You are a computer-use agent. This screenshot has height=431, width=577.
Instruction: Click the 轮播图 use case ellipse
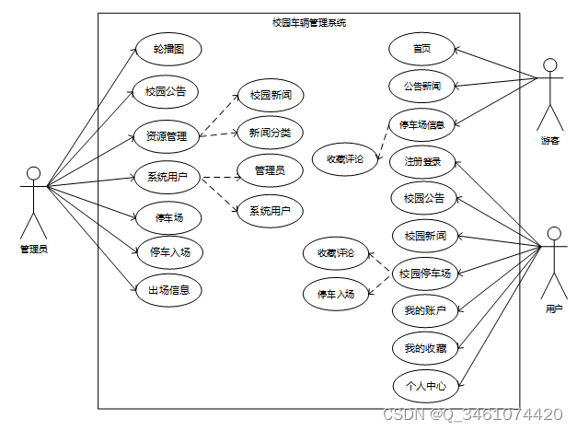coord(166,49)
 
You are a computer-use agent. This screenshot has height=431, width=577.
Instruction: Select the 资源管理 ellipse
coord(166,136)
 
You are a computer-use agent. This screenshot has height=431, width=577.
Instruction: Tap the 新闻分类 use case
coord(270,133)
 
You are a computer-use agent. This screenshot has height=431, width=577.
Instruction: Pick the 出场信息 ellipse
coord(168,289)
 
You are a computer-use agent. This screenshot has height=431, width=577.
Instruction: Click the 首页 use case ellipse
coord(421,49)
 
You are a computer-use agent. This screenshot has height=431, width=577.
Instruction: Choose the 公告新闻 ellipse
coord(421,87)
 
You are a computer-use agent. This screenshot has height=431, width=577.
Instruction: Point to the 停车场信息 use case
coord(422,124)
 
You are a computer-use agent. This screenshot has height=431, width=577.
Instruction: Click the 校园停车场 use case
coord(424,274)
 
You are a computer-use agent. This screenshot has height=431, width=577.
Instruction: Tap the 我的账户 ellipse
coord(424,310)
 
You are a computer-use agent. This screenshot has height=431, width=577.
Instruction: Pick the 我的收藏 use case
coord(424,348)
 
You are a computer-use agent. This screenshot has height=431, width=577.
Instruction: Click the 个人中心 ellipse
coord(424,385)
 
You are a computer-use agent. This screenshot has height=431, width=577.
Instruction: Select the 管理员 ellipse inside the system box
coord(270,169)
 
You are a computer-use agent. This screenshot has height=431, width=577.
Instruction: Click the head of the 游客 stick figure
coord(550,65)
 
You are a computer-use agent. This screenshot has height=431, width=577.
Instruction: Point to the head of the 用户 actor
coord(554,233)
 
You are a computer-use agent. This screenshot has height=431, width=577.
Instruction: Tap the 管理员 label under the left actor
coord(34,250)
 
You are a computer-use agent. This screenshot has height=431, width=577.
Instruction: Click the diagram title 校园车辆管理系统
coord(309,22)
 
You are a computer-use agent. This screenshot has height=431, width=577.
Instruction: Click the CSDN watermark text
coord(471,415)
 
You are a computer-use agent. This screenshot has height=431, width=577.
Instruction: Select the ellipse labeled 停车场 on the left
coord(168,217)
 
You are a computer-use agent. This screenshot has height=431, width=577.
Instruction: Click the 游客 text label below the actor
coord(550,141)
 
